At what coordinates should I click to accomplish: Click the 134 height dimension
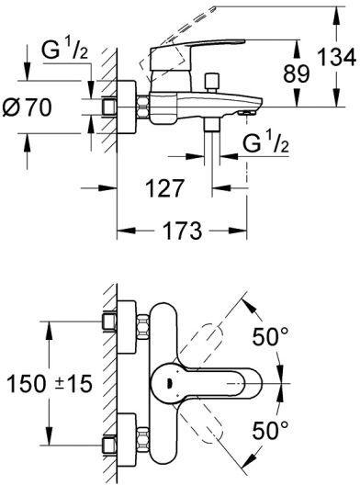[337, 57]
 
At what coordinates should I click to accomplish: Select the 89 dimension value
[297, 73]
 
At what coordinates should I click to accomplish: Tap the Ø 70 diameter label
[27, 107]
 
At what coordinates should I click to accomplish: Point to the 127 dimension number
[164, 188]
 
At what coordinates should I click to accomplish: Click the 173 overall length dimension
[182, 231]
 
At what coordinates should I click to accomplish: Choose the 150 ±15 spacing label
[50, 384]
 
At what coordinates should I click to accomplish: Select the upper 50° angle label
[270, 336]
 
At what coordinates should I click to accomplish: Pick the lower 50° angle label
[270, 430]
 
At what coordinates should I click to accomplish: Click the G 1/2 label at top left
[65, 51]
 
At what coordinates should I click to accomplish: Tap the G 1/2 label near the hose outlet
[266, 144]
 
